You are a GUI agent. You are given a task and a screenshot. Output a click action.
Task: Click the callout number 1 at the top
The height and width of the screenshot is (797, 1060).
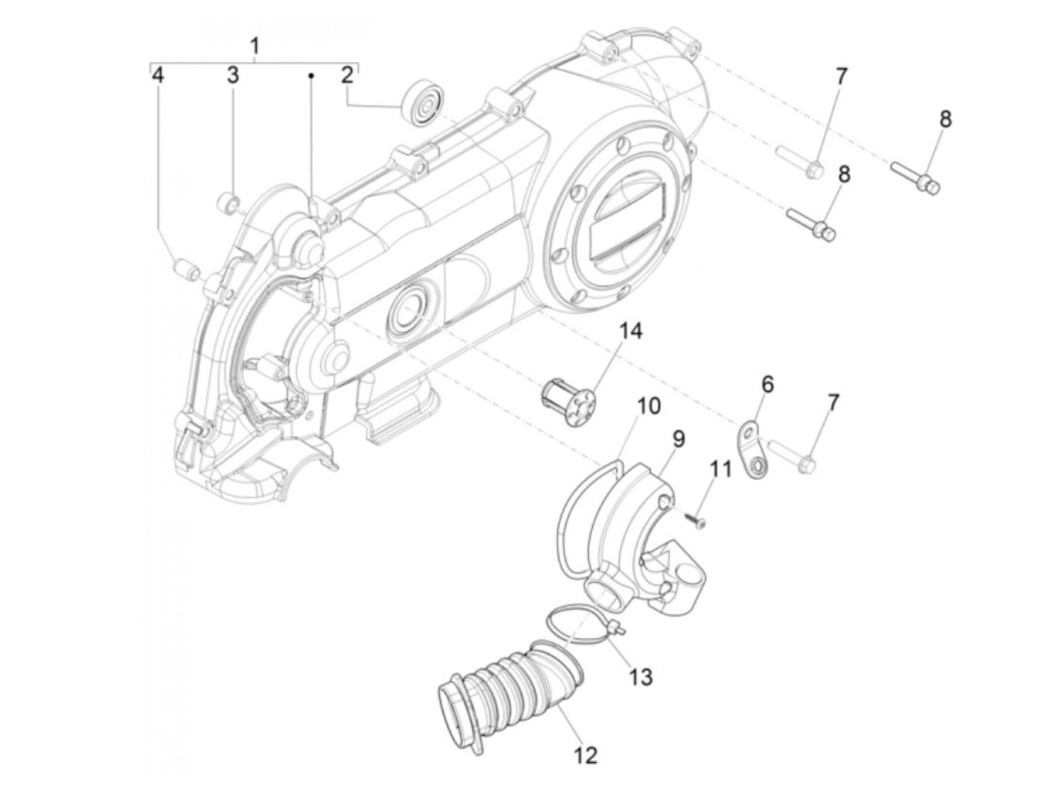coord(254,46)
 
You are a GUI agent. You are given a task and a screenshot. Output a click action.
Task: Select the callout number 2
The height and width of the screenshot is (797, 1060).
coord(347,75)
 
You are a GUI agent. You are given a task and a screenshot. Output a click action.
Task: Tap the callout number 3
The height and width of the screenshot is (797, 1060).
coord(232,75)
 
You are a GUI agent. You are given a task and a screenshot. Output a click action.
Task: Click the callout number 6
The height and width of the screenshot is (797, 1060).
coord(767,384)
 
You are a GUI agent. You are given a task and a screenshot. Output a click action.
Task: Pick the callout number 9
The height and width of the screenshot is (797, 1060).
coord(678,439)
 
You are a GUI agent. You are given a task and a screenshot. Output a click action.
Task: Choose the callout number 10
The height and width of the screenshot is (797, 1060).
coord(648,406)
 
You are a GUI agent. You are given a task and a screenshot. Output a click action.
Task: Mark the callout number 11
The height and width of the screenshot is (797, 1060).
coord(721,469)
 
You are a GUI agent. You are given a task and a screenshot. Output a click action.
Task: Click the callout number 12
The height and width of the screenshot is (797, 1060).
coord(586,755)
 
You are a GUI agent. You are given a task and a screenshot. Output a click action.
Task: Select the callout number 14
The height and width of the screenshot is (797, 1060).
coord(631,331)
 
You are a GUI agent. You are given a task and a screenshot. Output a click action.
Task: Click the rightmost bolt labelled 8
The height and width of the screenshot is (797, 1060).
coord(915,174)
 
